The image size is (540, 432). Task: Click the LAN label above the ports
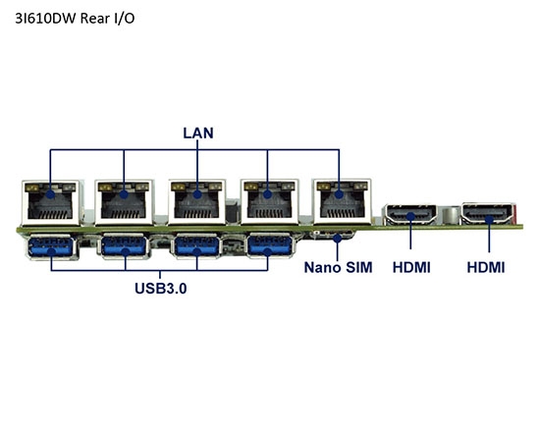196,133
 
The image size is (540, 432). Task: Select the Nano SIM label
338,267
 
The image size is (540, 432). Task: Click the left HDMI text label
411,267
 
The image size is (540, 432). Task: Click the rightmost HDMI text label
486,267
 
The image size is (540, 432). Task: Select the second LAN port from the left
125,203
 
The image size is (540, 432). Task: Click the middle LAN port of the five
197,203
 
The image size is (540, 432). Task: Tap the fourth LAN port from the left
269,203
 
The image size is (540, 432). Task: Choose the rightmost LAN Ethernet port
341,203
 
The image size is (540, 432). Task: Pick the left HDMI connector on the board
411,214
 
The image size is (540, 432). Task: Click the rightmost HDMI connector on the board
488,214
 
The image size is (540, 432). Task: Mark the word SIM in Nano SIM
356,267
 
